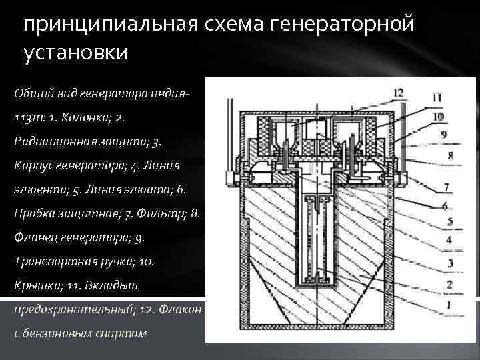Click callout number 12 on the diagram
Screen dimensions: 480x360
(x=398, y=93)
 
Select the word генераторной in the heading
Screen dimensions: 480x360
(x=340, y=25)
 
